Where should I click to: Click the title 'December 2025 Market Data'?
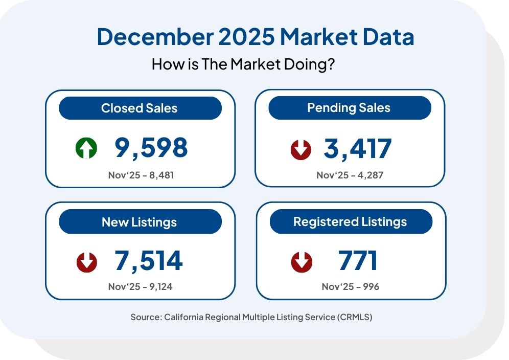(255, 38)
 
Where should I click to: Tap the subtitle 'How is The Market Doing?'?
(243, 65)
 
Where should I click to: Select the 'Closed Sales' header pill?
(140, 108)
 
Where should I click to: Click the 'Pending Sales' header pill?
(349, 108)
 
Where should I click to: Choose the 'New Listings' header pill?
(140, 222)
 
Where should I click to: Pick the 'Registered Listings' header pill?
(350, 221)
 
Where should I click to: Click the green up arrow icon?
(86, 149)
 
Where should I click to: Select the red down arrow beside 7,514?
(86, 262)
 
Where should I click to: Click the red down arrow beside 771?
(302, 262)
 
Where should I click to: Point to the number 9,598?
(151, 148)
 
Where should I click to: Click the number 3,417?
(357, 148)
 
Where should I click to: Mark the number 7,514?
(148, 261)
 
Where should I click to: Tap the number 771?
(357, 261)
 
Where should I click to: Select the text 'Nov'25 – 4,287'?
(350, 175)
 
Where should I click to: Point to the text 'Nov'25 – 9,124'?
(140, 286)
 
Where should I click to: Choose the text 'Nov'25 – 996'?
(350, 286)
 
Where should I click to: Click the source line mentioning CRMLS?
(251, 317)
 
